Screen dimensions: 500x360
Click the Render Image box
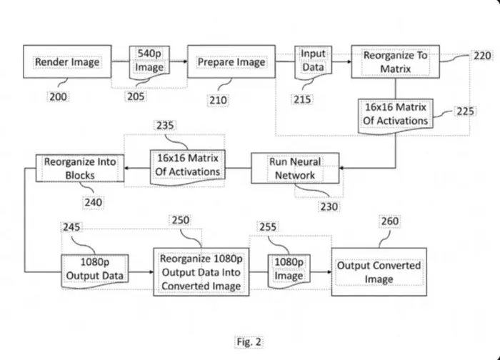(67, 61)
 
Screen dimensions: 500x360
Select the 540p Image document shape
(149, 61)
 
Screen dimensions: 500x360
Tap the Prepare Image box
(231, 61)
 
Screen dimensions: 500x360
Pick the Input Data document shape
(313, 61)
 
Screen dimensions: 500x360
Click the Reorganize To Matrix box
(396, 61)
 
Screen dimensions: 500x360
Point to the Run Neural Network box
(295, 168)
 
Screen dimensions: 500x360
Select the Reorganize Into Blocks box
(80, 168)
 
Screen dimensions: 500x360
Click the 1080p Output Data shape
(95, 271)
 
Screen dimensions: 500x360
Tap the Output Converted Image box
(379, 272)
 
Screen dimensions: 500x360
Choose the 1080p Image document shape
(289, 271)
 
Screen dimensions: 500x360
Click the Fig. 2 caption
(249, 342)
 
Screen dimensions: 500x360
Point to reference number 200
(59, 96)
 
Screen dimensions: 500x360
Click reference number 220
(482, 56)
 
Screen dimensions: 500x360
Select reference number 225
(465, 111)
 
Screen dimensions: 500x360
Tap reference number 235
(165, 125)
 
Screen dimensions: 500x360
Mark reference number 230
(329, 206)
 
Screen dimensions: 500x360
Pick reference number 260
(390, 221)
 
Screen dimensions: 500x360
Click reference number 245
(71, 227)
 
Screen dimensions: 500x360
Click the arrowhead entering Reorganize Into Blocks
(126, 168)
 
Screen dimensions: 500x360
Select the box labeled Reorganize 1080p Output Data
(201, 272)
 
